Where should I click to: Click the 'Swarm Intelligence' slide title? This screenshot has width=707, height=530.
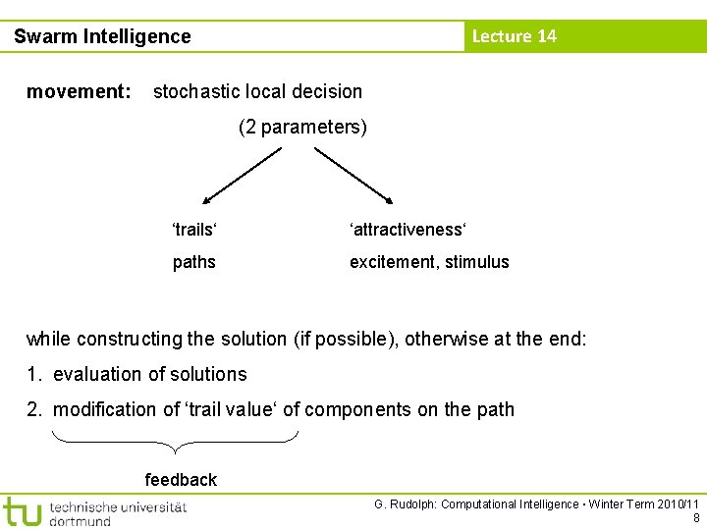102,37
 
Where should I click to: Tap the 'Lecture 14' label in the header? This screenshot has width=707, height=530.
514,36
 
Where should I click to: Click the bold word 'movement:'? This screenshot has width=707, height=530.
79,92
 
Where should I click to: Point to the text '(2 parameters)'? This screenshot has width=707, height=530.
302,128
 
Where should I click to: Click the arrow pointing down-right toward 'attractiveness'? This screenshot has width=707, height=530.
353,174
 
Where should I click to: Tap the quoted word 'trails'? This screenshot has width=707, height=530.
194,230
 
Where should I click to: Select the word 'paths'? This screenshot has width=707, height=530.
193,262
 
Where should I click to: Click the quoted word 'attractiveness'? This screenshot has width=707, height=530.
408,230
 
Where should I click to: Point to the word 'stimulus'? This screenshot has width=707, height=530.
476,262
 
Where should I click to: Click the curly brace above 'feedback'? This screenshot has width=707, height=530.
174,442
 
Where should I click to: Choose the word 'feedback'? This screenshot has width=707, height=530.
181,480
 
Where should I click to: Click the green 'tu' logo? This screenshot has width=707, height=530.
22,511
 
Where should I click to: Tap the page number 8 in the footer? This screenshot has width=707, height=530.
696,518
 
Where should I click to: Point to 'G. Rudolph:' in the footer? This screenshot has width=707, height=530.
406,504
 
